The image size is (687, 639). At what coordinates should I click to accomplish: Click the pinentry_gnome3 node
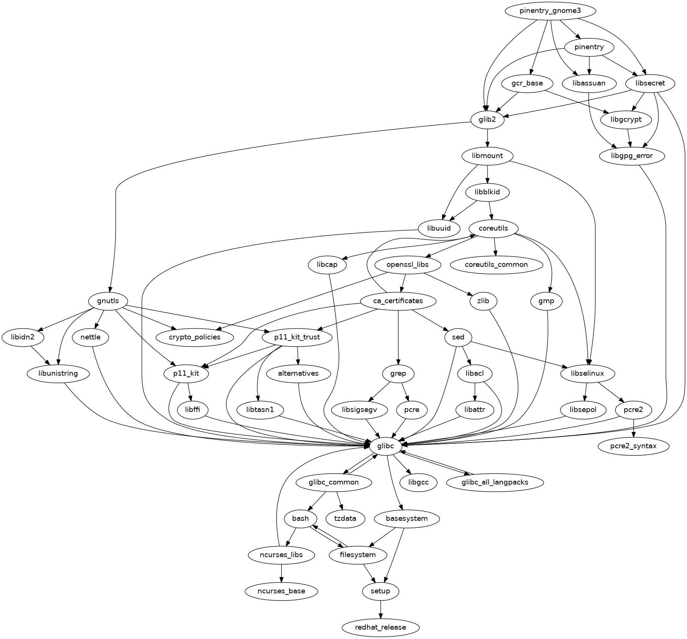pyautogui.click(x=550, y=11)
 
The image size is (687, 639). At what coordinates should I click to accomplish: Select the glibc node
pyautogui.click(x=385, y=446)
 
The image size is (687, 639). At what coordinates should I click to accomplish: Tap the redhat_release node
pyautogui.click(x=381, y=627)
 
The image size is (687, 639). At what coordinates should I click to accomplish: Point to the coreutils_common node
pyautogui.click(x=496, y=265)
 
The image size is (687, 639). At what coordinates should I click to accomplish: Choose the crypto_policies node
pyautogui.click(x=195, y=337)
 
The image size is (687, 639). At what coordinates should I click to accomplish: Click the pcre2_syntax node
pyautogui.click(x=633, y=446)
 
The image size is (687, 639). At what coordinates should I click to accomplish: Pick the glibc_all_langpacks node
pyautogui.click(x=495, y=482)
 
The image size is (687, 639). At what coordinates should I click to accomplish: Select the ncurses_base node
pyautogui.click(x=281, y=591)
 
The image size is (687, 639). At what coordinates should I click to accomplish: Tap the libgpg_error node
pyautogui.click(x=631, y=156)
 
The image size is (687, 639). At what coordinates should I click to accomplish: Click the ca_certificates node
pyautogui.click(x=398, y=301)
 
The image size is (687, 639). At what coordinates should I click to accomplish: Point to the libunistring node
pyautogui.click(x=58, y=373)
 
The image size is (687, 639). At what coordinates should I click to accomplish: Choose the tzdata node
pyautogui.click(x=345, y=518)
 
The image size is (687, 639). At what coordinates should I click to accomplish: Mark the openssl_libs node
pyautogui.click(x=407, y=265)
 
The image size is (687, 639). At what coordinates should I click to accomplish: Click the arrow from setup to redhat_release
pyautogui.click(x=381, y=609)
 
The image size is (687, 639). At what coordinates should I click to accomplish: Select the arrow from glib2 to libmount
pyautogui.click(x=488, y=138)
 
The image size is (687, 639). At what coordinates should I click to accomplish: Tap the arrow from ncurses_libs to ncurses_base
pyautogui.click(x=281, y=573)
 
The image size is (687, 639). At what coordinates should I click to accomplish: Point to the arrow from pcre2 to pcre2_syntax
pyautogui.click(x=633, y=428)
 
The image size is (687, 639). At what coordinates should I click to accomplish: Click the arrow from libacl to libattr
pyautogui.click(x=475, y=392)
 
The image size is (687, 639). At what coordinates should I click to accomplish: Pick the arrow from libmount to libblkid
pyautogui.click(x=488, y=174)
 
